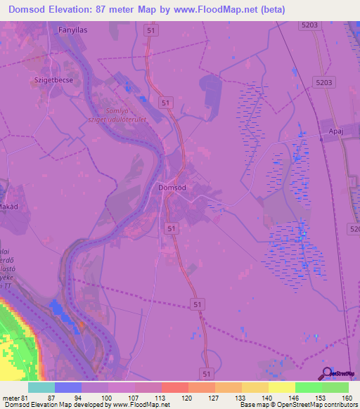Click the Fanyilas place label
pos(73,31)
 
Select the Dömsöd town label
pos(172,188)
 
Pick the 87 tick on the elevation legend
pos(51,398)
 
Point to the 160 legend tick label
pos(347,398)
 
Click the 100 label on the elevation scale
pos(105,398)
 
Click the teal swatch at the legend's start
pos(41,387)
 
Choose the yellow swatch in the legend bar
pos(281,387)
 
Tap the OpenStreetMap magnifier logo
pos(326,374)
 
